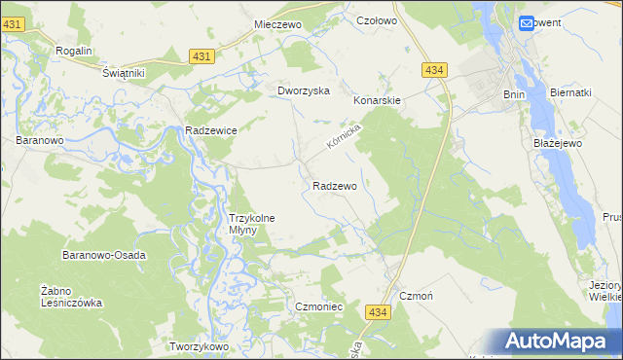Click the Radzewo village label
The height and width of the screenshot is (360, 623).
335,185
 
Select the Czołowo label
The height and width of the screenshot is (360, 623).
377,19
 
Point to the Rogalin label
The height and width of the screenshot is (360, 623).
74,51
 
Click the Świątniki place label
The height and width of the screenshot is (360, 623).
124,73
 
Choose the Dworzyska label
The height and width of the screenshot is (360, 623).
304,90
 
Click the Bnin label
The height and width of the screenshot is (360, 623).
514,94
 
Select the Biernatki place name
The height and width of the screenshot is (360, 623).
570,93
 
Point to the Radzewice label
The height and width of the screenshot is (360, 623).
211,129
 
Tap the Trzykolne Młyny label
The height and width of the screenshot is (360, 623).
257,224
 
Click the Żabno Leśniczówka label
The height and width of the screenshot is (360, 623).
71,296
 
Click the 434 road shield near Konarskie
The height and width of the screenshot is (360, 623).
434,70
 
